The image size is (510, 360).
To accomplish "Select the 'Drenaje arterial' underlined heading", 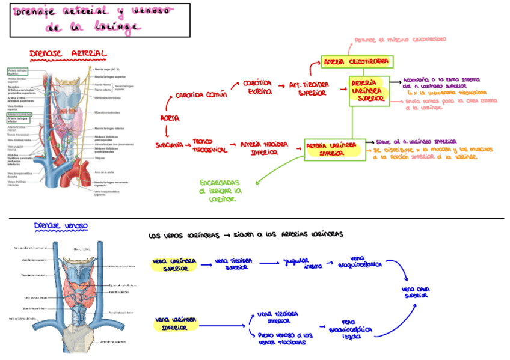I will pyautogui.click(x=68, y=54).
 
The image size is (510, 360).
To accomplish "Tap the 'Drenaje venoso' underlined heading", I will pyautogui.click(x=61, y=226).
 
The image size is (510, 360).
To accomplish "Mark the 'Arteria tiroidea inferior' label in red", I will pyautogui.click(x=263, y=148).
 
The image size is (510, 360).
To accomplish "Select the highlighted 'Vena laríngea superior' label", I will pyautogui.click(x=174, y=265).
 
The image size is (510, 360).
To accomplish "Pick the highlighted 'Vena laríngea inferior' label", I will pyautogui.click(x=174, y=324).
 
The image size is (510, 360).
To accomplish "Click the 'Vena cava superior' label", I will pyautogui.click(x=416, y=292).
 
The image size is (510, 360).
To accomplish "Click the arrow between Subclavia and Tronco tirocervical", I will pyautogui.click(x=186, y=145).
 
